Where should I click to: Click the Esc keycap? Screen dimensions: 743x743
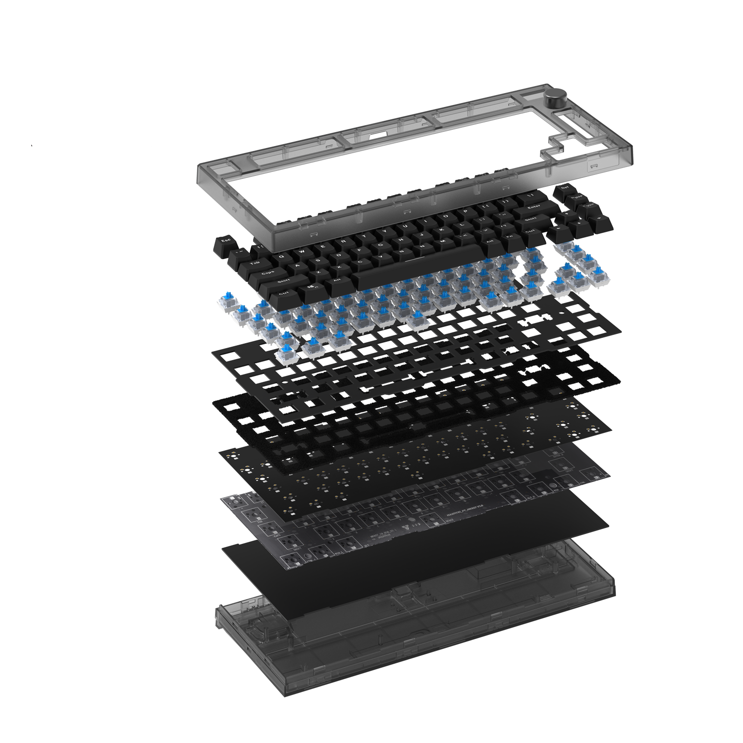[x=226, y=241]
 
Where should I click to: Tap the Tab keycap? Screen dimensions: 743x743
[x=255, y=264]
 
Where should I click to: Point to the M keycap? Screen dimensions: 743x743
[x=442, y=241]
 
